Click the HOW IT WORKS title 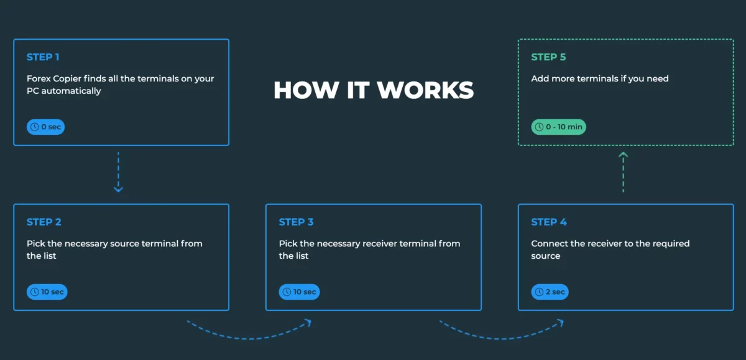click(374, 90)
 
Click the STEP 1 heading click(43, 57)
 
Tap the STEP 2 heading click(44, 222)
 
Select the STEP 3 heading click(296, 222)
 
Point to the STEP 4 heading click(548, 222)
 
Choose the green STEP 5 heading click(548, 57)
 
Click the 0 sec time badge click(45, 127)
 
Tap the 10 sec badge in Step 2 click(47, 292)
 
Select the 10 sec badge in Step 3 click(299, 292)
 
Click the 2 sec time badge click(550, 292)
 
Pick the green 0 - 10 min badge click(558, 127)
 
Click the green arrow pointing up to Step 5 click(623, 172)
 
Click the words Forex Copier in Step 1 click(52, 79)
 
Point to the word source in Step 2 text click(125, 244)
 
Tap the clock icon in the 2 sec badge click(539, 292)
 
